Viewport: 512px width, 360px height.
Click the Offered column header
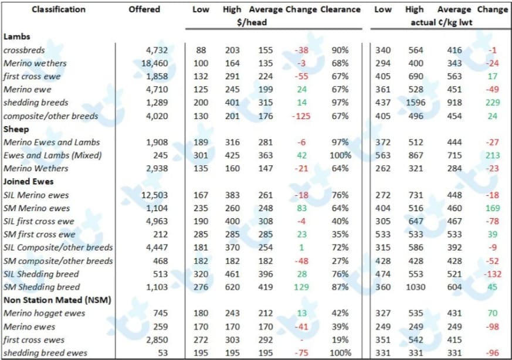coord(144,9)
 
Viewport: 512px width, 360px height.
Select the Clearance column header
coord(340,9)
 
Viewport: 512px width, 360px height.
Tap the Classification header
coord(59,9)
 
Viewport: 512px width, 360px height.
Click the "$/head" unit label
coord(252,22)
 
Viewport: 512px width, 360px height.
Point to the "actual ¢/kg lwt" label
coord(442,22)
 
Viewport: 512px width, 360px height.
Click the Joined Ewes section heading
coord(28,182)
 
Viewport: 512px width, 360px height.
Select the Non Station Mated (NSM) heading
coord(57,300)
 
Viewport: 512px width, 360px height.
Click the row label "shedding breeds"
coord(36,103)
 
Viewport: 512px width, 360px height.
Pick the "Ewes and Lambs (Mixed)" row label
coord(53,155)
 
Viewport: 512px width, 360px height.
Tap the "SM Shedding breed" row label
coord(42,287)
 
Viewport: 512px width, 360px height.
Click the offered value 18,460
coord(154,63)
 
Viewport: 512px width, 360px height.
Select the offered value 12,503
coord(154,195)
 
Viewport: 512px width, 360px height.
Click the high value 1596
coord(416,103)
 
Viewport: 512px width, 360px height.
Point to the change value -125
coord(301,116)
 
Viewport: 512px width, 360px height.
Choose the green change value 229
coord(493,103)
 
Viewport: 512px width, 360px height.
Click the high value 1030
coord(416,287)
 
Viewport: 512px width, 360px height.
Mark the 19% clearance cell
coord(340,339)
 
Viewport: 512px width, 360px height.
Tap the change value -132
coord(493,274)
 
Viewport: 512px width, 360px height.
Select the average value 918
coord(455,103)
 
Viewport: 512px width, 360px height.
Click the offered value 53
coord(162,353)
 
